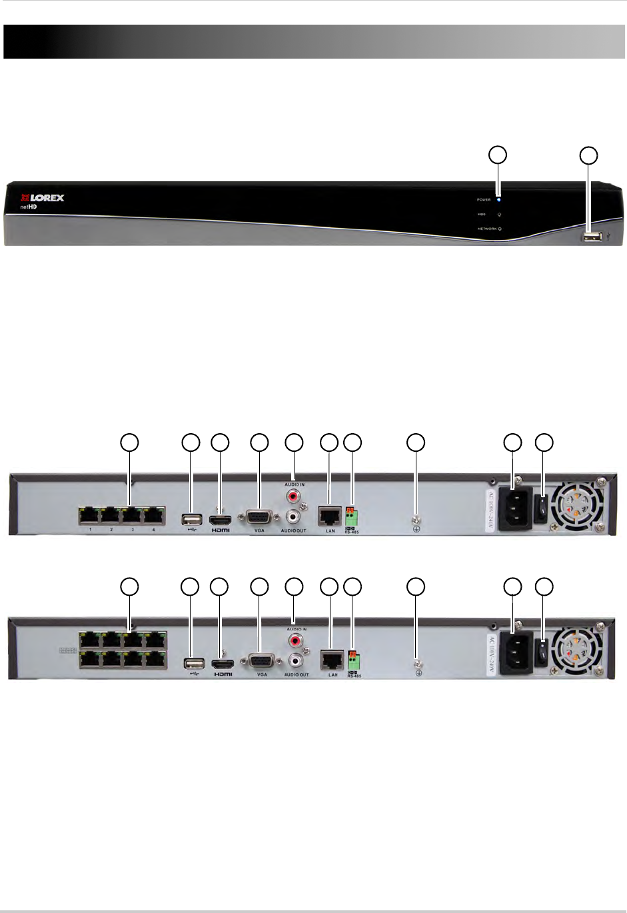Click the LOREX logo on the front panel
[x=43, y=198]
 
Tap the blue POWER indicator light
[x=499, y=199]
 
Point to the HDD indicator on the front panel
[x=499, y=215]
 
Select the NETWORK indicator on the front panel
[x=500, y=229]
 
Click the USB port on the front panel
[x=590, y=237]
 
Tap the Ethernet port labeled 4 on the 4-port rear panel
[x=154, y=515]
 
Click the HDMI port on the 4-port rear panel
[x=220, y=518]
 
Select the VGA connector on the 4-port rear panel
[x=259, y=518]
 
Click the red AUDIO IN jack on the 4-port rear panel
[x=293, y=496]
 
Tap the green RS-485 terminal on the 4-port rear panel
[x=352, y=516]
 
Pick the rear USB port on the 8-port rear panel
[x=193, y=662]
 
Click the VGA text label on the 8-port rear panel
[x=262, y=675]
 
